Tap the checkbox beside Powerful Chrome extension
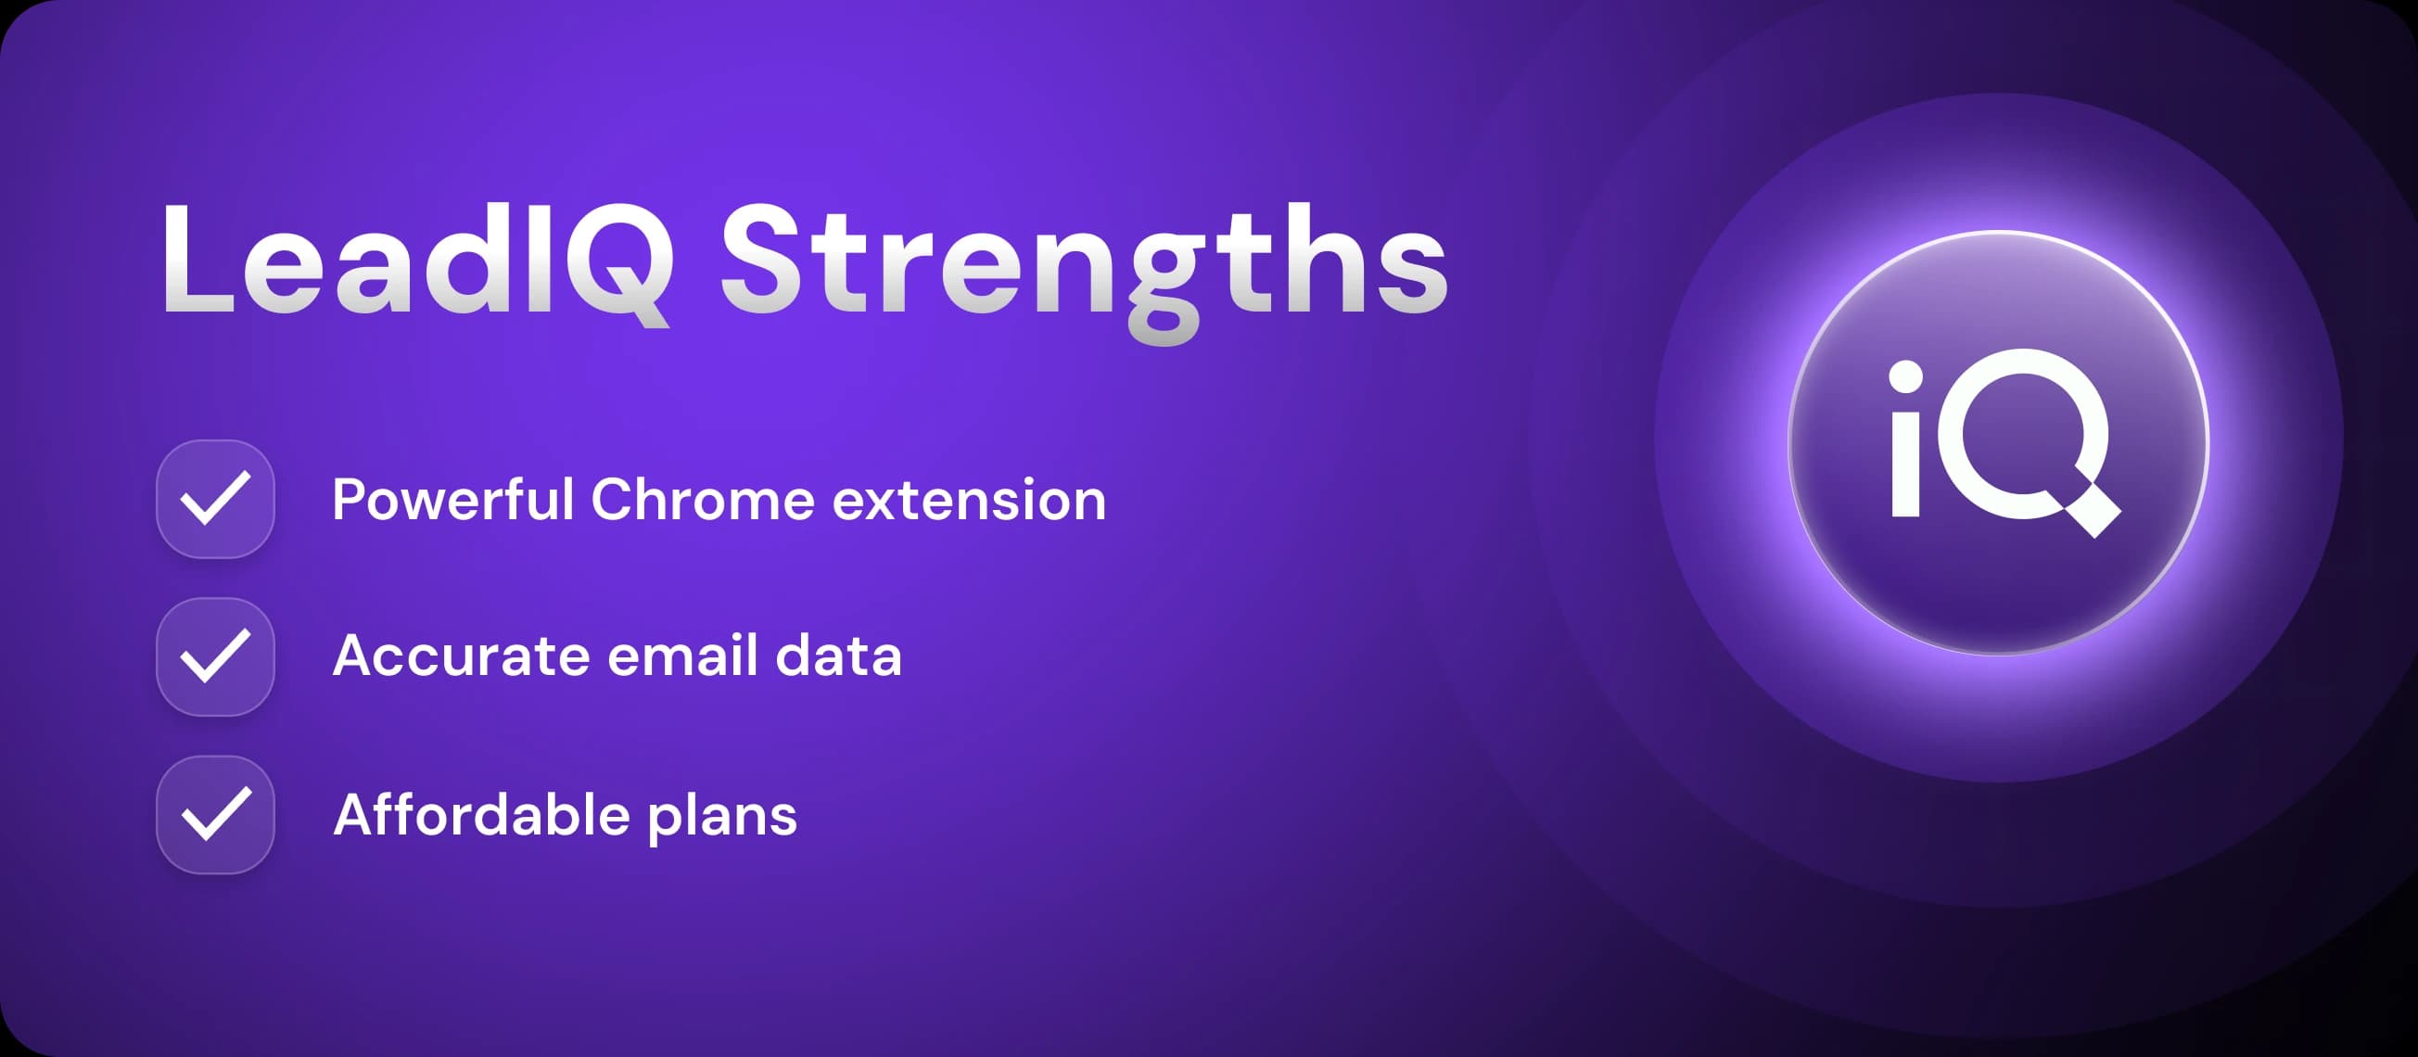pos(215,499)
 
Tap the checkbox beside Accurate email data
pos(215,656)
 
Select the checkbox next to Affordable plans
pos(215,814)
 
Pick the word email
pos(682,656)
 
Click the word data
pos(838,656)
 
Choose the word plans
pos(722,817)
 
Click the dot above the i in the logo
pos(1905,377)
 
